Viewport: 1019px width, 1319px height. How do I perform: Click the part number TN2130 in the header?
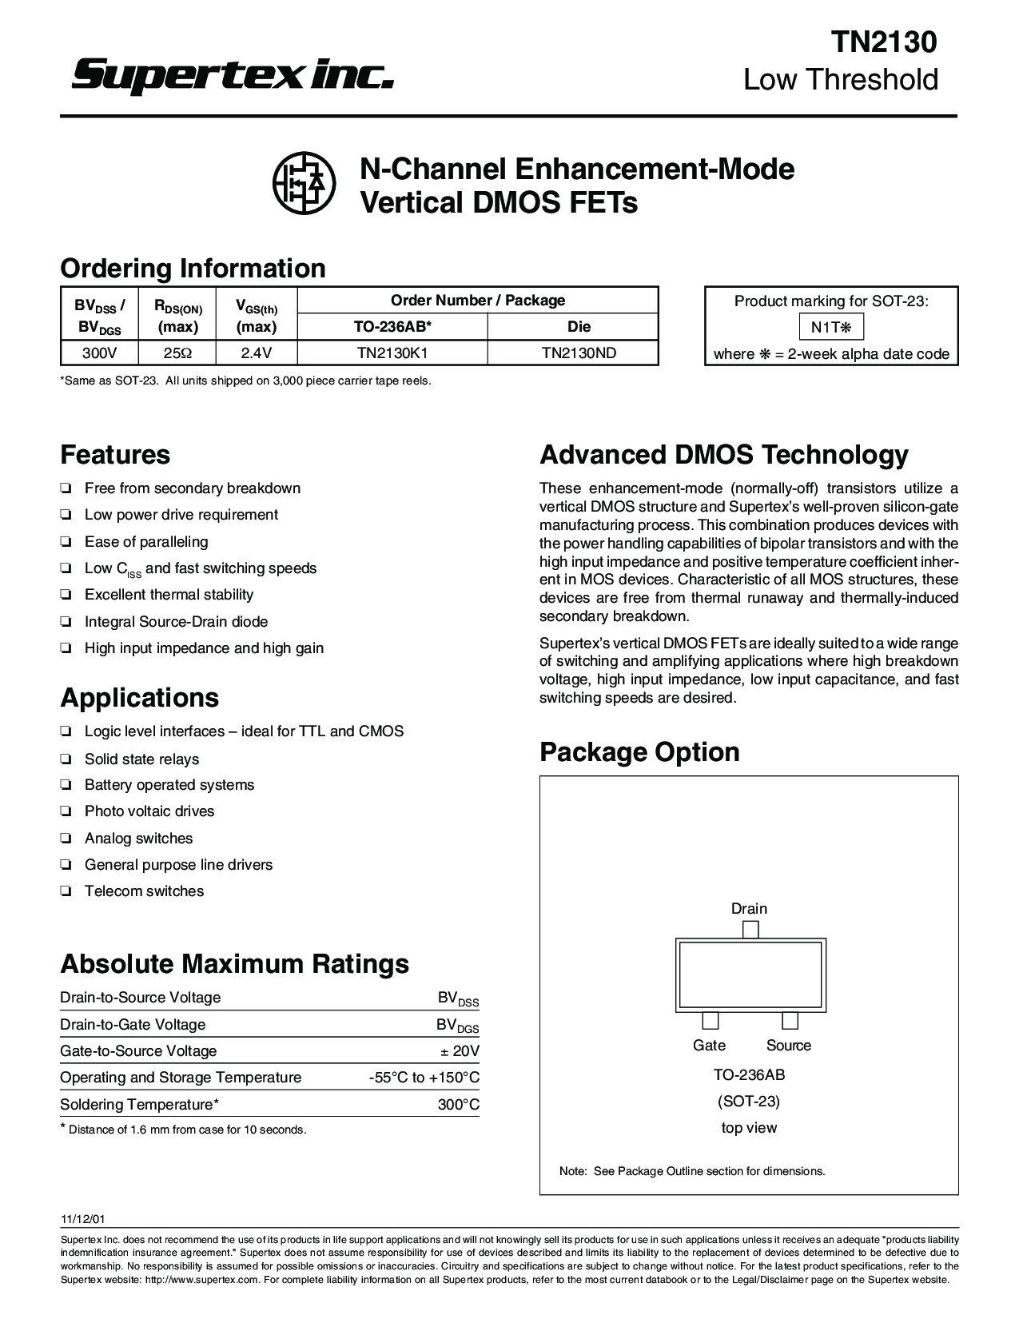point(882,42)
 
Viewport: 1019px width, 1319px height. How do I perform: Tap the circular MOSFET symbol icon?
point(304,183)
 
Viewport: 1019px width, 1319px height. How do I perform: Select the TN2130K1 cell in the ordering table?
point(392,353)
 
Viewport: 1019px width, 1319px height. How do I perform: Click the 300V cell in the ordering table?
point(100,353)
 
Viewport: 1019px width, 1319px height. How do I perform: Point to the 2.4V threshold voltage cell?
point(257,353)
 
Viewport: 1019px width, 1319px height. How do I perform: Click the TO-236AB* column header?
point(392,326)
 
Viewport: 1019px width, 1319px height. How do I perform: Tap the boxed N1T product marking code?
point(831,327)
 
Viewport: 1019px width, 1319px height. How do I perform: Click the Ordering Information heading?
point(193,268)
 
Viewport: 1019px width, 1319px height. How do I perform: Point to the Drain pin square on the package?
point(750,929)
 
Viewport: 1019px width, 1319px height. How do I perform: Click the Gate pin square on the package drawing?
point(710,1021)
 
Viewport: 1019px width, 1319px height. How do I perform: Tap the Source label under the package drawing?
point(788,1046)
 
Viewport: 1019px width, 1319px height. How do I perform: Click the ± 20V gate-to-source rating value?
point(460,1051)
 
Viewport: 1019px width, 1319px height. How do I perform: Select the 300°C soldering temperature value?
point(459,1105)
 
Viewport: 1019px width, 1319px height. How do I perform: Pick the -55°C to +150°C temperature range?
point(424,1078)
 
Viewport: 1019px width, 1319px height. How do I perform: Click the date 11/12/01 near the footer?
point(82,1220)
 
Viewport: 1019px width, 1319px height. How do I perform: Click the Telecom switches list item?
point(144,891)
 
